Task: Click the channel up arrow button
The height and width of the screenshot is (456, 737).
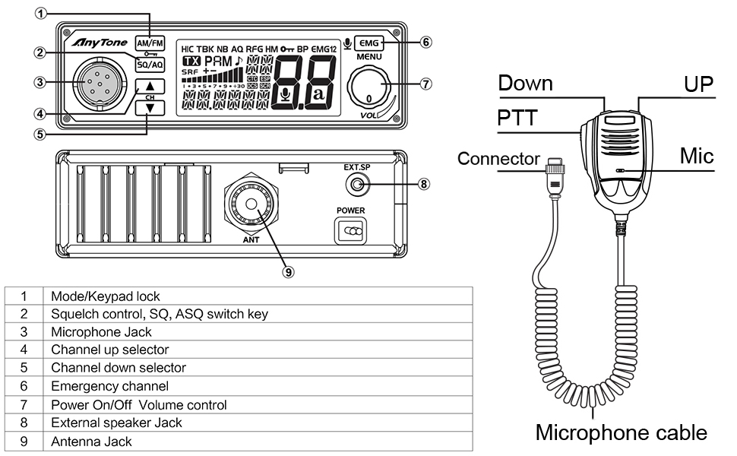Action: click(x=150, y=87)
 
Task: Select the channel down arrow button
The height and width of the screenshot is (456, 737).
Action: click(x=150, y=108)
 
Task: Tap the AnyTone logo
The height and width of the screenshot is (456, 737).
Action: click(x=94, y=43)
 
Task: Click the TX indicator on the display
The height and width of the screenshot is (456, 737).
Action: click(x=191, y=60)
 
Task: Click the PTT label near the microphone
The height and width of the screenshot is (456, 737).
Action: click(x=517, y=119)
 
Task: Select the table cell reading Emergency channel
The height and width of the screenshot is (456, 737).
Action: click(x=99, y=386)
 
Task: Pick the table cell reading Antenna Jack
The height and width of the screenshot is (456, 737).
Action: click(x=91, y=441)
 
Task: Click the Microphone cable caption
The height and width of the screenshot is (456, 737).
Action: click(x=621, y=432)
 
